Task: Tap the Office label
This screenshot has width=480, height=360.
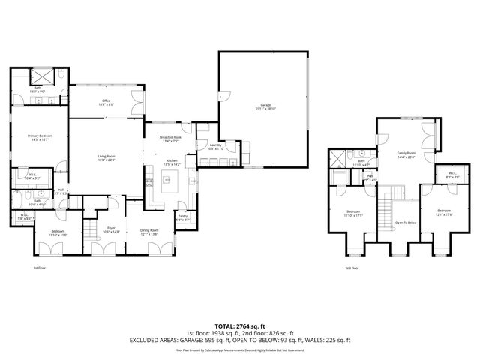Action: [x=106, y=102]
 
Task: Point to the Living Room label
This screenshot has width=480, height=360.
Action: [x=106, y=157]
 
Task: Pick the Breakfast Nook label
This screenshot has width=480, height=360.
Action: [x=171, y=139]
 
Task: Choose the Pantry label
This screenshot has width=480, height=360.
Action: [x=182, y=217]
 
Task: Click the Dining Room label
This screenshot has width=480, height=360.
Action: [x=149, y=232]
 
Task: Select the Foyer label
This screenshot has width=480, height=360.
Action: [x=111, y=232]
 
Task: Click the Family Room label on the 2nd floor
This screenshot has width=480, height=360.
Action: [x=406, y=154]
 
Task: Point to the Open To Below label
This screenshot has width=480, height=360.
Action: [x=405, y=223]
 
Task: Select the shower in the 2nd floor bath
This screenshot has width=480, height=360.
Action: [x=339, y=158]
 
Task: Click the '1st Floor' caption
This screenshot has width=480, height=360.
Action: [x=40, y=268]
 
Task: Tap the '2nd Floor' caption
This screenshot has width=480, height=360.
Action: [x=352, y=268]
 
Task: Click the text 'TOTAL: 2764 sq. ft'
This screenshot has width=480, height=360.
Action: [x=240, y=326]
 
